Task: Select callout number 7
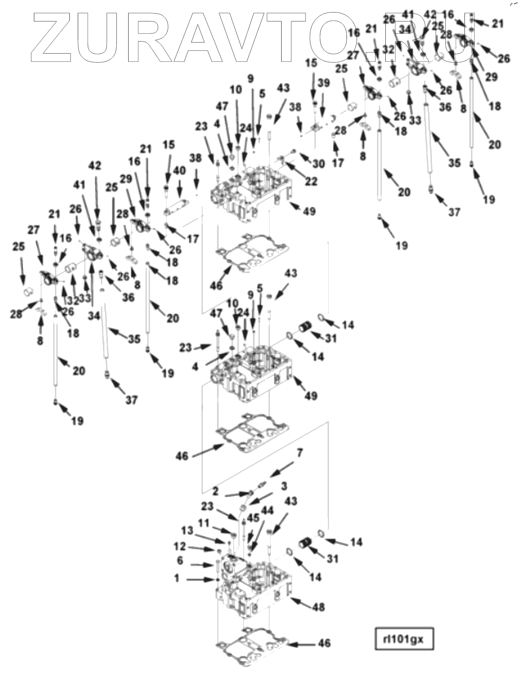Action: tap(300, 453)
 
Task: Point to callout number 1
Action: tap(177, 578)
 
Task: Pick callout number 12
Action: tap(180, 547)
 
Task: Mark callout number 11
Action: tap(203, 523)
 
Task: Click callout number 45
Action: tap(253, 517)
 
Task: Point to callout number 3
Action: tap(284, 486)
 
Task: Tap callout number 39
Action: tap(324, 83)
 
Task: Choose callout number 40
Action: tap(179, 170)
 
